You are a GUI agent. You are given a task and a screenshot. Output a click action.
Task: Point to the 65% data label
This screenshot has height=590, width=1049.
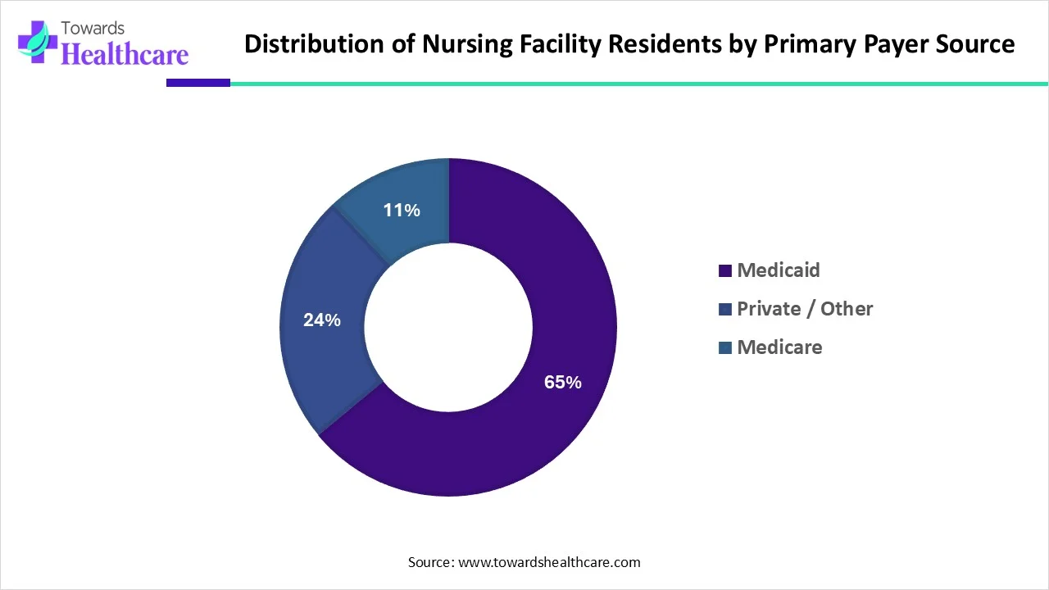pyautogui.click(x=563, y=382)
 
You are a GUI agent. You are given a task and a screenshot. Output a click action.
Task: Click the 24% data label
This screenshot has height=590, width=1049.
pyautogui.click(x=321, y=320)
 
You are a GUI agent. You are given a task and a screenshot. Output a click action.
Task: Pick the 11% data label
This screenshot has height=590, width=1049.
pyautogui.click(x=402, y=211)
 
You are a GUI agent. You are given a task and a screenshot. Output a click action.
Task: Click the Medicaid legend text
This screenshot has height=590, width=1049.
pyautogui.click(x=778, y=270)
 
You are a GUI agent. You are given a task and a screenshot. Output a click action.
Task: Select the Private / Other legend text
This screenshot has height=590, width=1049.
pyautogui.click(x=805, y=309)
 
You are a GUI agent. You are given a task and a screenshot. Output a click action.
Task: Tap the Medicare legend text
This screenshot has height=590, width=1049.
pyautogui.click(x=779, y=347)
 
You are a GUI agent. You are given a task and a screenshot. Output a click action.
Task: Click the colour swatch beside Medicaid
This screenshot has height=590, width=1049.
pyautogui.click(x=724, y=271)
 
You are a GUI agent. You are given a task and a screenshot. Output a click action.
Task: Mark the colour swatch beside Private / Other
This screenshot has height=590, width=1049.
pyautogui.click(x=724, y=310)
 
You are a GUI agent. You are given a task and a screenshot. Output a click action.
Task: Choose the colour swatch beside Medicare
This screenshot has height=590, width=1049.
pyautogui.click(x=724, y=348)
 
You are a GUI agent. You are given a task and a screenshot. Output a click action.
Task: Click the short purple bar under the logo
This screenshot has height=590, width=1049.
pyautogui.click(x=198, y=83)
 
